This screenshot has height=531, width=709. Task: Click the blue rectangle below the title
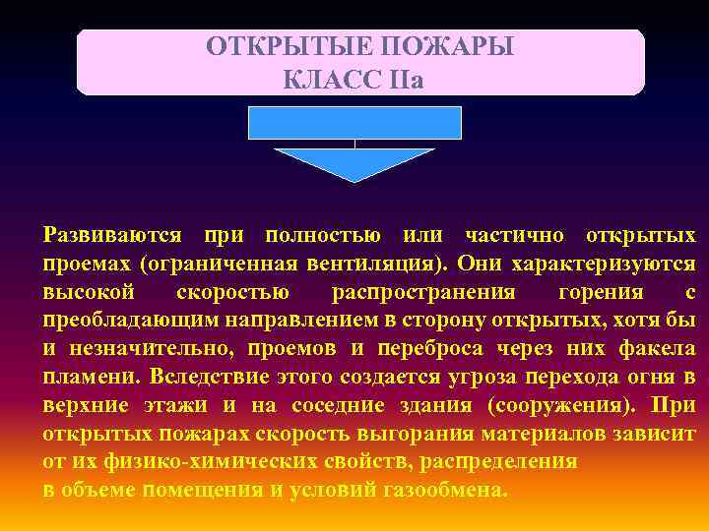[354, 123]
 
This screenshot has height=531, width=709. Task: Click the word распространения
[423, 293]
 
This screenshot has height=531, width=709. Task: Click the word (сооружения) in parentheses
[559, 406]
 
